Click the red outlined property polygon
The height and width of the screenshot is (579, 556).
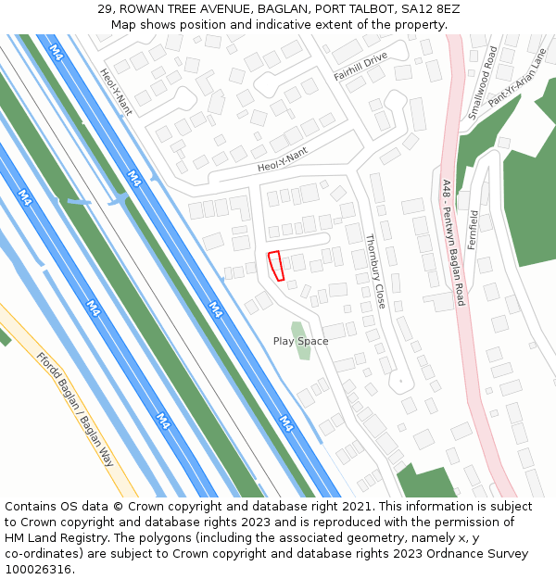[x=275, y=265]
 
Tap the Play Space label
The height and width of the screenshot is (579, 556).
[x=300, y=341]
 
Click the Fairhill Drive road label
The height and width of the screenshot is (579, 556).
[x=360, y=68]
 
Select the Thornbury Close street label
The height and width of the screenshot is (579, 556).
[x=374, y=271]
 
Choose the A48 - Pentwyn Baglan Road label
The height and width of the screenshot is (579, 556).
[x=453, y=243]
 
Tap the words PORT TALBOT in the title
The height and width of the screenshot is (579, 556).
[x=353, y=9]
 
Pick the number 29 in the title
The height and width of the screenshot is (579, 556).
[x=103, y=9]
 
